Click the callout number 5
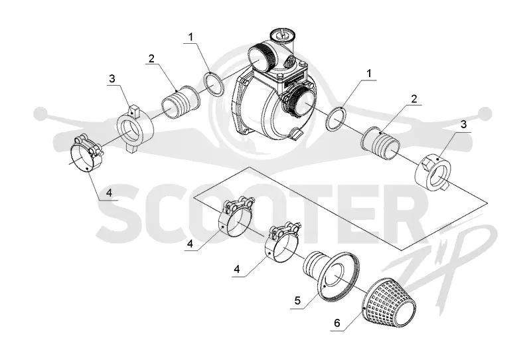(297, 300)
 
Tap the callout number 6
(337, 323)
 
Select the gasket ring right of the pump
(336, 119)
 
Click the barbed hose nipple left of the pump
(180, 102)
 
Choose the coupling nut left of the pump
(135, 129)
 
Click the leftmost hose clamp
(86, 153)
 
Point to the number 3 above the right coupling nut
(463, 124)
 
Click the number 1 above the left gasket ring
(191, 37)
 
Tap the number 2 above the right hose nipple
(414, 99)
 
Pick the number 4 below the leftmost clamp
(109, 193)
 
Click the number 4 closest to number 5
(237, 270)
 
